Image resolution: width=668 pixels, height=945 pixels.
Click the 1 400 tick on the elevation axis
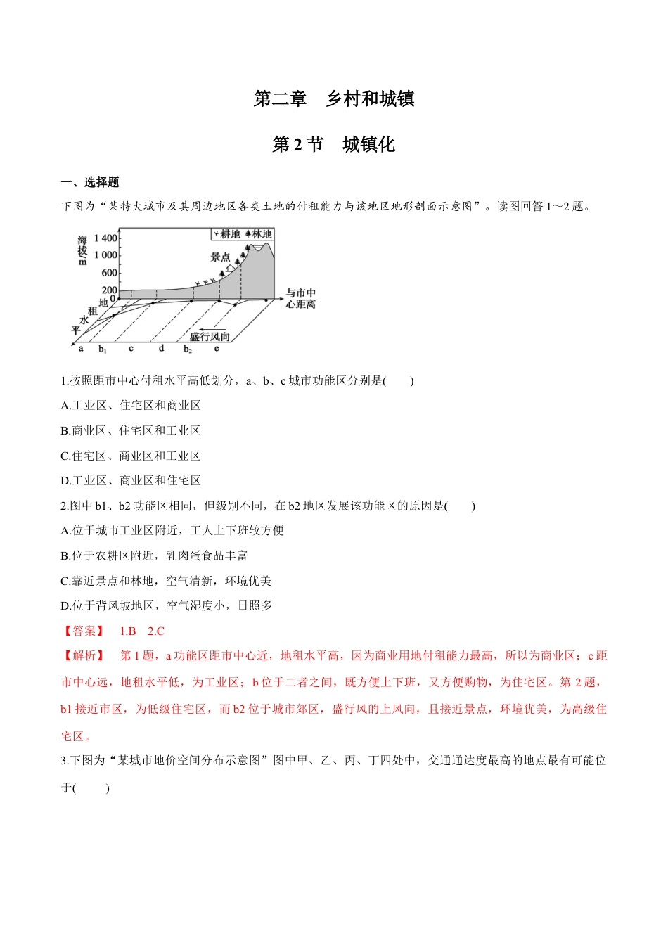[106, 238]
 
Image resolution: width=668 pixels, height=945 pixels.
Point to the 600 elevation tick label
[110, 272]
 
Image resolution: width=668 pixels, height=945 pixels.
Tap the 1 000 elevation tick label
[106, 255]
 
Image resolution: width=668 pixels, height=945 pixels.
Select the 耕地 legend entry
[226, 234]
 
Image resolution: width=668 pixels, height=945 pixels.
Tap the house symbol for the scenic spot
[229, 269]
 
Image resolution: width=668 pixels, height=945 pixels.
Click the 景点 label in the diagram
[221, 257]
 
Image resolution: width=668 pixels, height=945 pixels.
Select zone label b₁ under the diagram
[103, 349]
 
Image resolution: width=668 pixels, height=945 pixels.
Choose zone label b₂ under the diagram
[188, 349]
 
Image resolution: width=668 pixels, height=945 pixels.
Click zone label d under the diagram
[161, 348]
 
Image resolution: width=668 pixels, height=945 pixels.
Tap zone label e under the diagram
[217, 348]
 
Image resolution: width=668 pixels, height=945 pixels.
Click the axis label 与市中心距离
[301, 298]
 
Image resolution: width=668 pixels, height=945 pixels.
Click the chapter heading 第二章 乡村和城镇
[334, 99]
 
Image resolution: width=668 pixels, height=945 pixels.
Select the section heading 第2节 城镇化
[334, 145]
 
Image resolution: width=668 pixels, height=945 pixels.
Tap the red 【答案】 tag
[84, 631]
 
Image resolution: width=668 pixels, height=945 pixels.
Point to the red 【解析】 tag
[84, 655]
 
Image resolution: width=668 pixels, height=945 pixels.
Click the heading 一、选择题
[90, 182]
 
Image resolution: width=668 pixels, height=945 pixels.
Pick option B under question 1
[131, 430]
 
